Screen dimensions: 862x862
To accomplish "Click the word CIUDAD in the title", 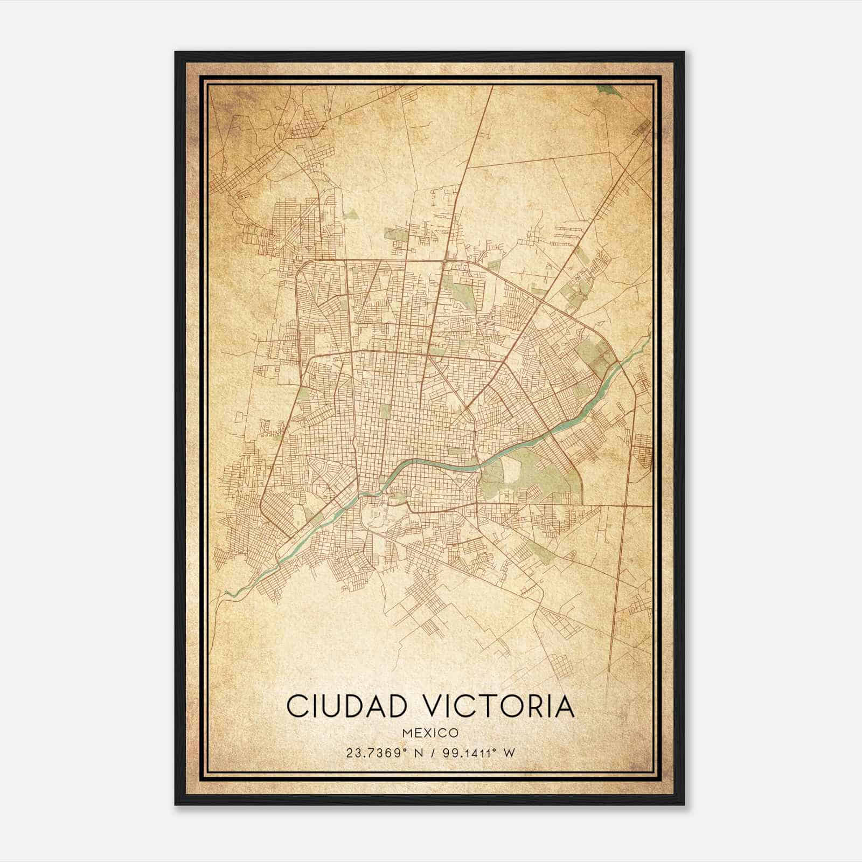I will point(339,706).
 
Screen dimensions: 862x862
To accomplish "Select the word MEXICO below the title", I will point(430,733).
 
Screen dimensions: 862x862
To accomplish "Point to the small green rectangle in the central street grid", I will point(385,412).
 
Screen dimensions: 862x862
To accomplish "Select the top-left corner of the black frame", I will point(176,52).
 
